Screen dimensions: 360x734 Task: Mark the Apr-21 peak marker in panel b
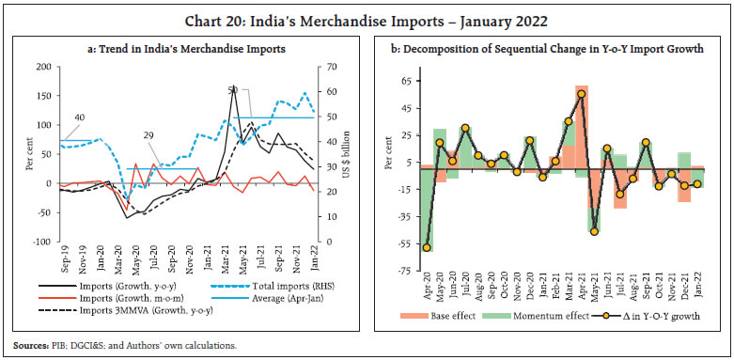point(581,94)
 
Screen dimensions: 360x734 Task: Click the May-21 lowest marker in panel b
point(594,231)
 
